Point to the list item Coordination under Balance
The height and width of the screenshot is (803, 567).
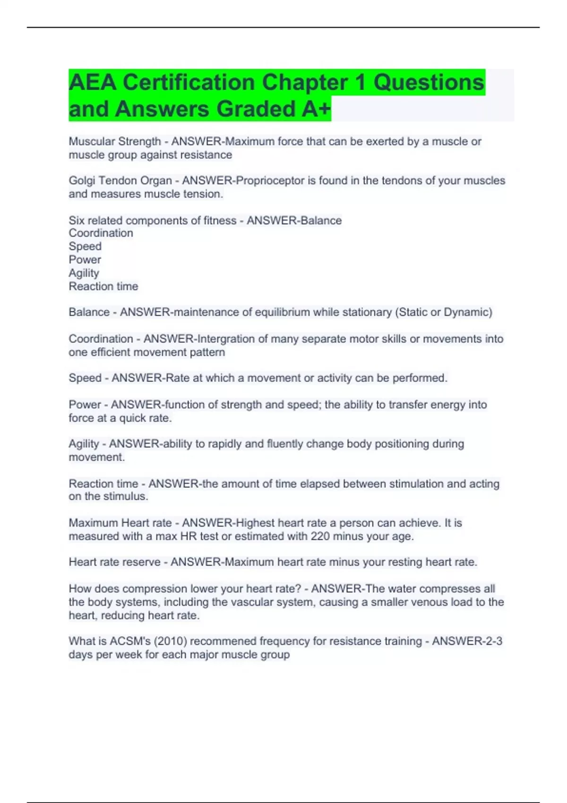[x=101, y=233]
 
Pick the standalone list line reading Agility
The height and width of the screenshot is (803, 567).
[x=84, y=273]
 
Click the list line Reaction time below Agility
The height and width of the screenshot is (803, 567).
[x=103, y=286]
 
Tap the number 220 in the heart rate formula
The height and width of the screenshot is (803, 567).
[x=320, y=537]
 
